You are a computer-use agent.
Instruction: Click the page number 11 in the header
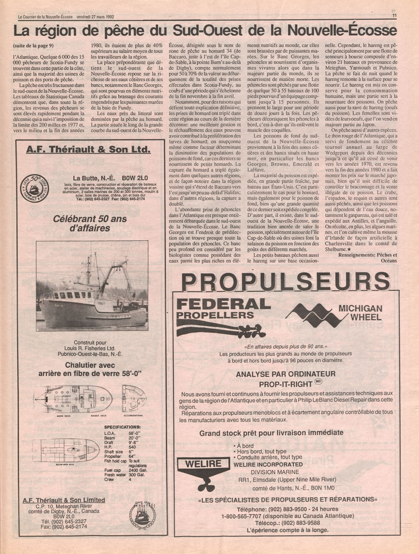point(394,16)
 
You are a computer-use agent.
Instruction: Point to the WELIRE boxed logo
point(203,464)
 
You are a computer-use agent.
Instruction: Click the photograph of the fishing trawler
point(92,286)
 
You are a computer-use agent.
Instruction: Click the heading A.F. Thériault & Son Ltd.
point(88,149)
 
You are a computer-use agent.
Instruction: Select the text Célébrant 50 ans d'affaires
point(87,223)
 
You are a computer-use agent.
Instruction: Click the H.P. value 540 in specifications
point(132,447)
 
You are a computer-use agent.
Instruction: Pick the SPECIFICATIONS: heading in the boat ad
point(122,427)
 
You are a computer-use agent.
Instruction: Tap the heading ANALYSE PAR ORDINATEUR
point(286,374)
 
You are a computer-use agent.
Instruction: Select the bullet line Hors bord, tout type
point(261,452)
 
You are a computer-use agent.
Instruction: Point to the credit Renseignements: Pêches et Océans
point(367,258)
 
